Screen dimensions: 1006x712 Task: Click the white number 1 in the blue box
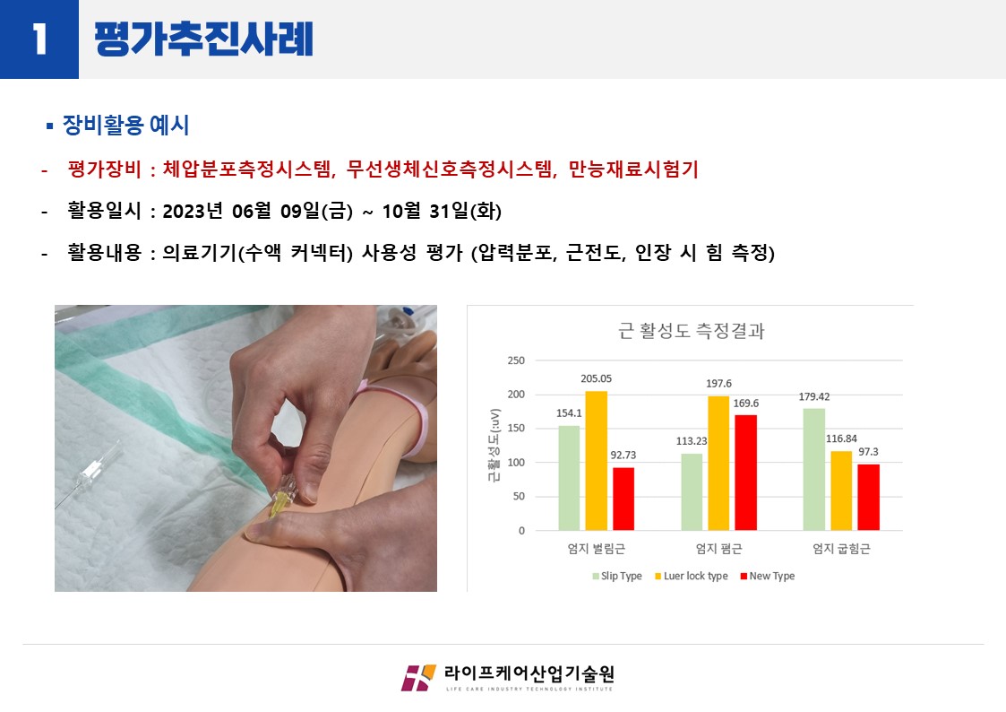click(x=39, y=39)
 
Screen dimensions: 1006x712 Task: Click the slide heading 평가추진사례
click(x=204, y=39)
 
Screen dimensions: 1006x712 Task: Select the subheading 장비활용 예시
click(x=125, y=126)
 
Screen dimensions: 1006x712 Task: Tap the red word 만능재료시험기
click(x=633, y=169)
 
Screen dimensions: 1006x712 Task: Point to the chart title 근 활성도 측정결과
click(x=691, y=331)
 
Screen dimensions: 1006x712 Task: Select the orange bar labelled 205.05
click(x=596, y=460)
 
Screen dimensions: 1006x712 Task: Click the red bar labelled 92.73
click(x=623, y=499)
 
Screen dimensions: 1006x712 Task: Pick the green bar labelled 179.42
click(x=814, y=469)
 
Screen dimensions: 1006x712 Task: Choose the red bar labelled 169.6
click(x=745, y=473)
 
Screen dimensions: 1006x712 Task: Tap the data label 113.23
click(x=691, y=441)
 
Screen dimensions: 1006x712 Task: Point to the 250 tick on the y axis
click(x=516, y=360)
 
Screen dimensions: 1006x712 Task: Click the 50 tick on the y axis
click(x=519, y=496)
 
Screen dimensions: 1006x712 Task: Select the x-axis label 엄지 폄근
click(x=718, y=548)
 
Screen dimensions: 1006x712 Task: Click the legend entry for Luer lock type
click(x=691, y=576)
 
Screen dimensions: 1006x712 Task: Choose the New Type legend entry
click(x=768, y=576)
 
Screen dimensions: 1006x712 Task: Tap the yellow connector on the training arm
click(x=279, y=500)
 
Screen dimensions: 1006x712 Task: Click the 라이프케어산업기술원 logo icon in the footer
click(x=418, y=678)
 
